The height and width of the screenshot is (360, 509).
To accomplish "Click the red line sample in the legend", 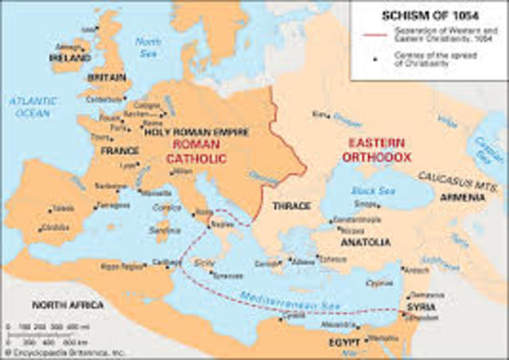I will point(378,36).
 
